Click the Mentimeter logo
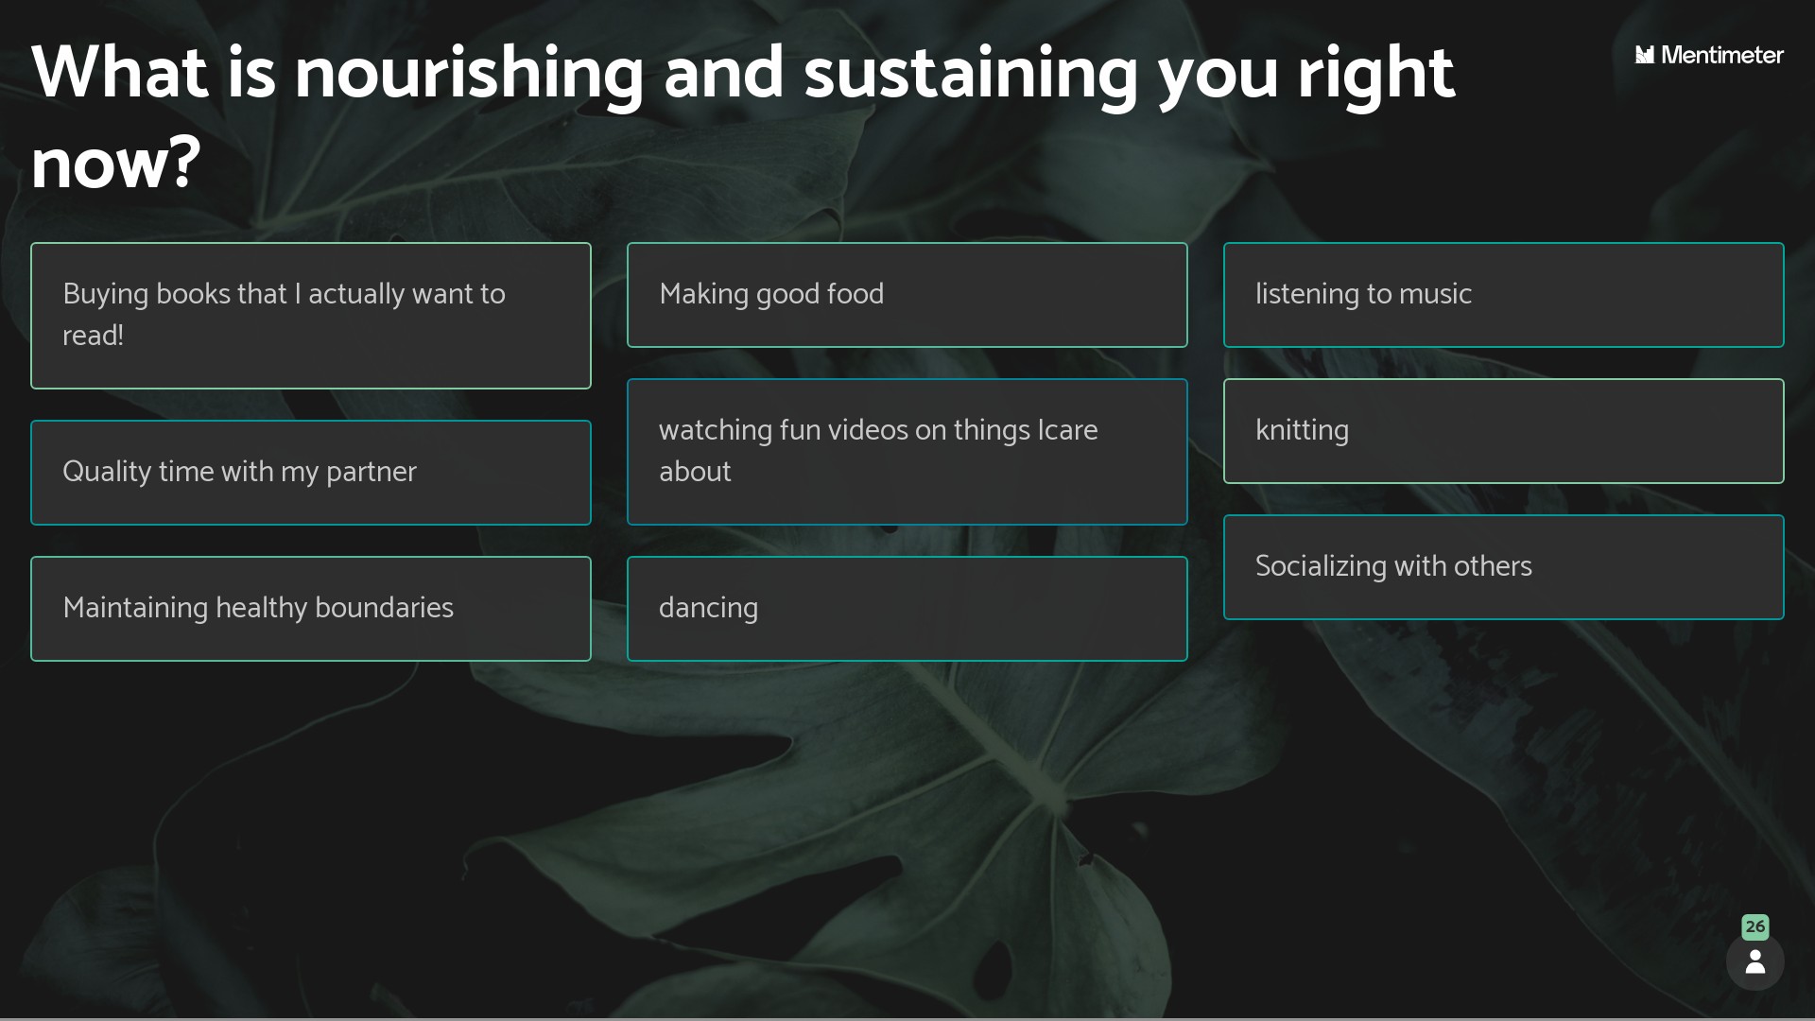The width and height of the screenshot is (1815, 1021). pyautogui.click(x=1709, y=55)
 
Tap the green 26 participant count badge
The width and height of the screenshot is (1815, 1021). pyautogui.click(x=1755, y=926)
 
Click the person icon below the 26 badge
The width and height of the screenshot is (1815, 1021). pyautogui.click(x=1755, y=961)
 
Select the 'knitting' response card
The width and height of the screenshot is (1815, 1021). pyautogui.click(x=1503, y=431)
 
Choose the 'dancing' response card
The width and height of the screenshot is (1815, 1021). pyautogui.click(x=907, y=609)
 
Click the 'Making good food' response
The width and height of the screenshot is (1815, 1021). pyautogui.click(x=907, y=295)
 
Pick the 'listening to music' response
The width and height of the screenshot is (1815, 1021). pyautogui.click(x=1503, y=295)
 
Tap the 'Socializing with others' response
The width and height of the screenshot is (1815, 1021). pyautogui.click(x=1503, y=567)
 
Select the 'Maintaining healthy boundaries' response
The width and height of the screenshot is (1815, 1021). pyautogui.click(x=311, y=609)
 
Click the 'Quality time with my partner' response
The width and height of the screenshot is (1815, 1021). pyautogui.click(x=311, y=473)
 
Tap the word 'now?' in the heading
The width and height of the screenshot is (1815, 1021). pyautogui.click(x=115, y=164)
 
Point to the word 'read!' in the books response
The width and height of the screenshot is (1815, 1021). pyautogui.click(x=93, y=336)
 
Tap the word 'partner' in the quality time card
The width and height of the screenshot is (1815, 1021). pyautogui.click(x=371, y=473)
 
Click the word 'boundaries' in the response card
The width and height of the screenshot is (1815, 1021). pyautogui.click(x=384, y=608)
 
